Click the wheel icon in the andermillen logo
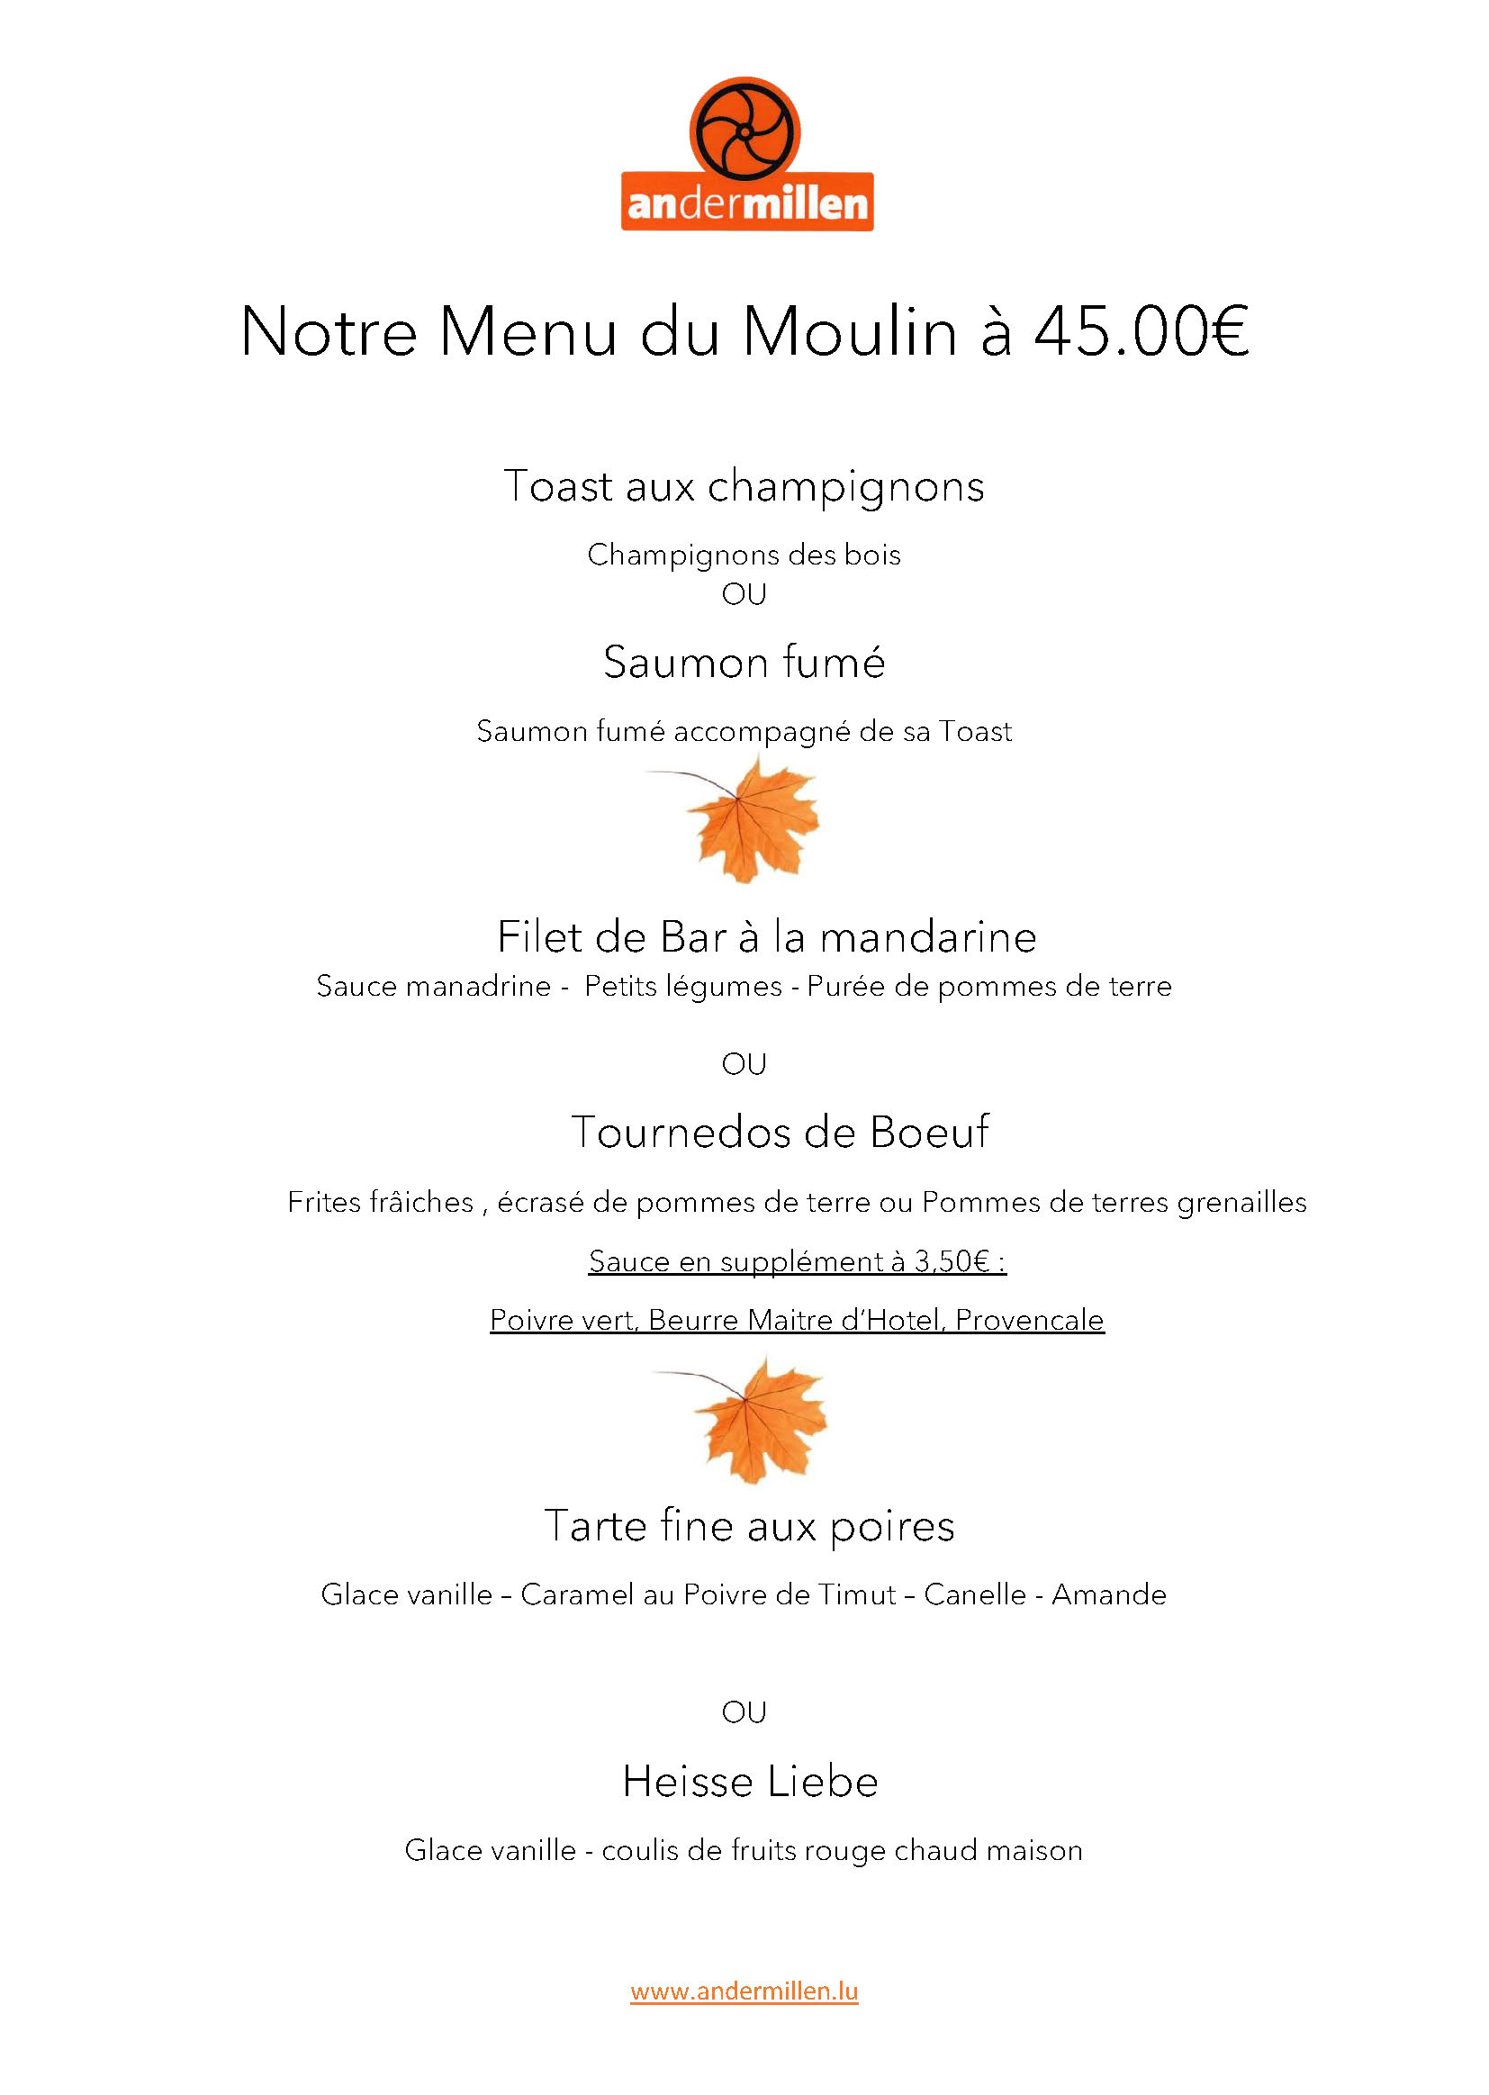click(x=744, y=132)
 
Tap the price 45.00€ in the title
click(x=1141, y=332)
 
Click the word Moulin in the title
click(x=850, y=332)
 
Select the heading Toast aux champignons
click(x=744, y=486)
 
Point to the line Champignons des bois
click(x=744, y=555)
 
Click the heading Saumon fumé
click(x=744, y=662)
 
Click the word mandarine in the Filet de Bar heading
click(x=927, y=937)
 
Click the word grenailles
click(x=1241, y=1202)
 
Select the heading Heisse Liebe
click(x=749, y=1783)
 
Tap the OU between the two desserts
click(x=744, y=1711)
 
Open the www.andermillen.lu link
click(x=744, y=1991)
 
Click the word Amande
click(x=1108, y=1595)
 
